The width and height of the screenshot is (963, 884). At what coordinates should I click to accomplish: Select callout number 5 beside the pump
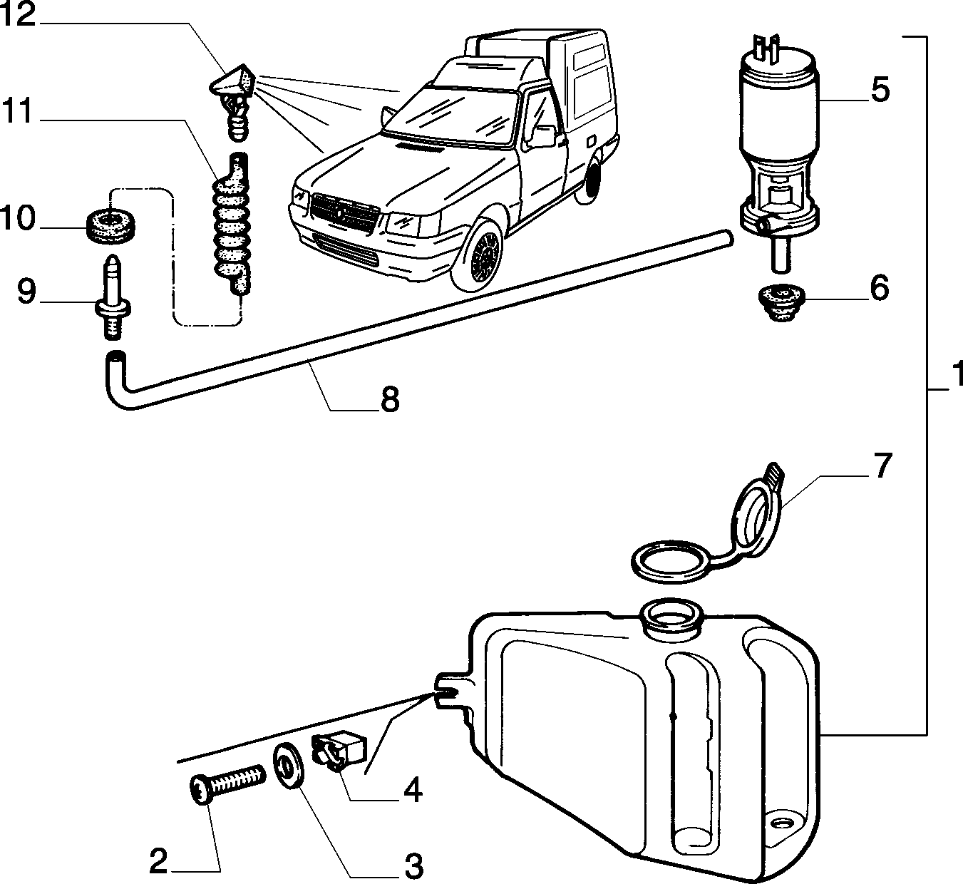880,90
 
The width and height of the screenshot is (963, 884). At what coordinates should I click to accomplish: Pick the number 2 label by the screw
159,861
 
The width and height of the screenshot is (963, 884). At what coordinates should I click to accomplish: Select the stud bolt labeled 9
113,297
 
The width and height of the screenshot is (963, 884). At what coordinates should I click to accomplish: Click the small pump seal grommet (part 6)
781,302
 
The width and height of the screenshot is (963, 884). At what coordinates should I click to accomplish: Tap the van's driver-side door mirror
543,136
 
